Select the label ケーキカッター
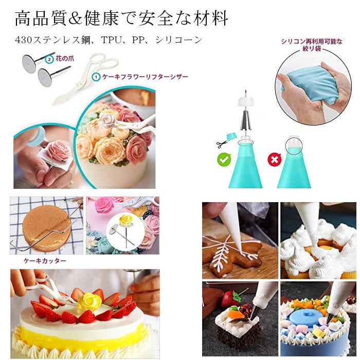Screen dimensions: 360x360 [44, 261]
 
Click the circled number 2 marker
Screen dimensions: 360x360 [49, 59]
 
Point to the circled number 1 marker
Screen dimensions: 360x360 [95, 77]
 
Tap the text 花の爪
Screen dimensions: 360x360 [66, 59]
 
